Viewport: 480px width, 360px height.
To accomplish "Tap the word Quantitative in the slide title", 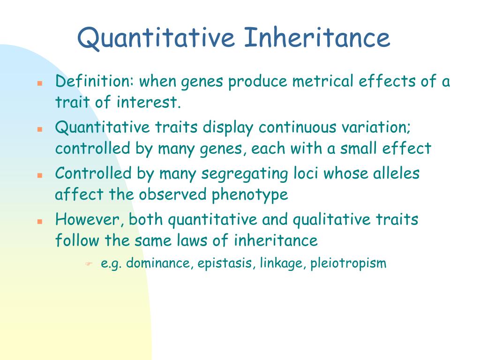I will (156, 38).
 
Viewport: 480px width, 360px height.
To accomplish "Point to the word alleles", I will (396, 173).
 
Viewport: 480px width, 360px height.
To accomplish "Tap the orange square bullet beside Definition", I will (40, 82).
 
